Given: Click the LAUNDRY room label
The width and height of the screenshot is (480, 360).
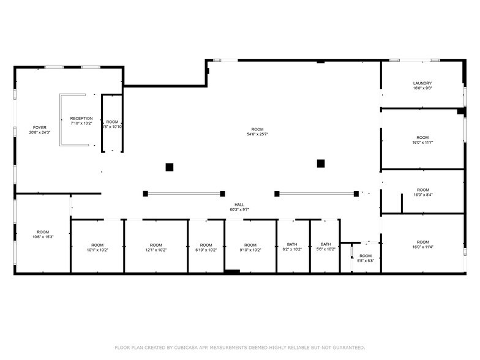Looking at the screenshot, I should point(422,83).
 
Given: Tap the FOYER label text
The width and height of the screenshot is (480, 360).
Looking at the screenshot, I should point(39,127).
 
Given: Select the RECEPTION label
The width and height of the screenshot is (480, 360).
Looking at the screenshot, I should point(81,118).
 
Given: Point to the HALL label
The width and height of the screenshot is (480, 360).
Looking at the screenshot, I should point(239,204).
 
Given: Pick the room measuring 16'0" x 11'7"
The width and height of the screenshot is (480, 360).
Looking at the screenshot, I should point(422,140).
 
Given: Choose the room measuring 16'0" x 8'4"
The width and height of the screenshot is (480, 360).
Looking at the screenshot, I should point(422,192).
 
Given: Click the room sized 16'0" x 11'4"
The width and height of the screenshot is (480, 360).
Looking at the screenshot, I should point(422,244).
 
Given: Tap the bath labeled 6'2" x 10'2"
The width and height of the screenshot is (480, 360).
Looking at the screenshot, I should point(292,247).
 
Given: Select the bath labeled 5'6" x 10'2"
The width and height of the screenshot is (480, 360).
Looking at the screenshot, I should point(325,247).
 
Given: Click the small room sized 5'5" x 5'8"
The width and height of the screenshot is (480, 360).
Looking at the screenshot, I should point(366,258).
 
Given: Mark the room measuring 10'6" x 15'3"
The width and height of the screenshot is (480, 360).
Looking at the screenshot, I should point(43,234).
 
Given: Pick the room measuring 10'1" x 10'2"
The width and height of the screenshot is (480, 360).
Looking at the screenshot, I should point(97,247).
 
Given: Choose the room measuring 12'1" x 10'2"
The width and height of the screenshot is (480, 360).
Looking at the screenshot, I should point(156,247).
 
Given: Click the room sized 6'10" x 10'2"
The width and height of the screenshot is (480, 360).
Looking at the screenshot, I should point(206,247).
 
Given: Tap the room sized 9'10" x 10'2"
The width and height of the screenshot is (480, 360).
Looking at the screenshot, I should point(250,247).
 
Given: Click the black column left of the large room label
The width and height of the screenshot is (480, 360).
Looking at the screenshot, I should point(170,167).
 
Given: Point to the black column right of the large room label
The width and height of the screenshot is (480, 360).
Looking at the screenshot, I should point(320,163).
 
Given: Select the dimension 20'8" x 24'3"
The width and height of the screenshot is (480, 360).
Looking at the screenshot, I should point(39,132).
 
